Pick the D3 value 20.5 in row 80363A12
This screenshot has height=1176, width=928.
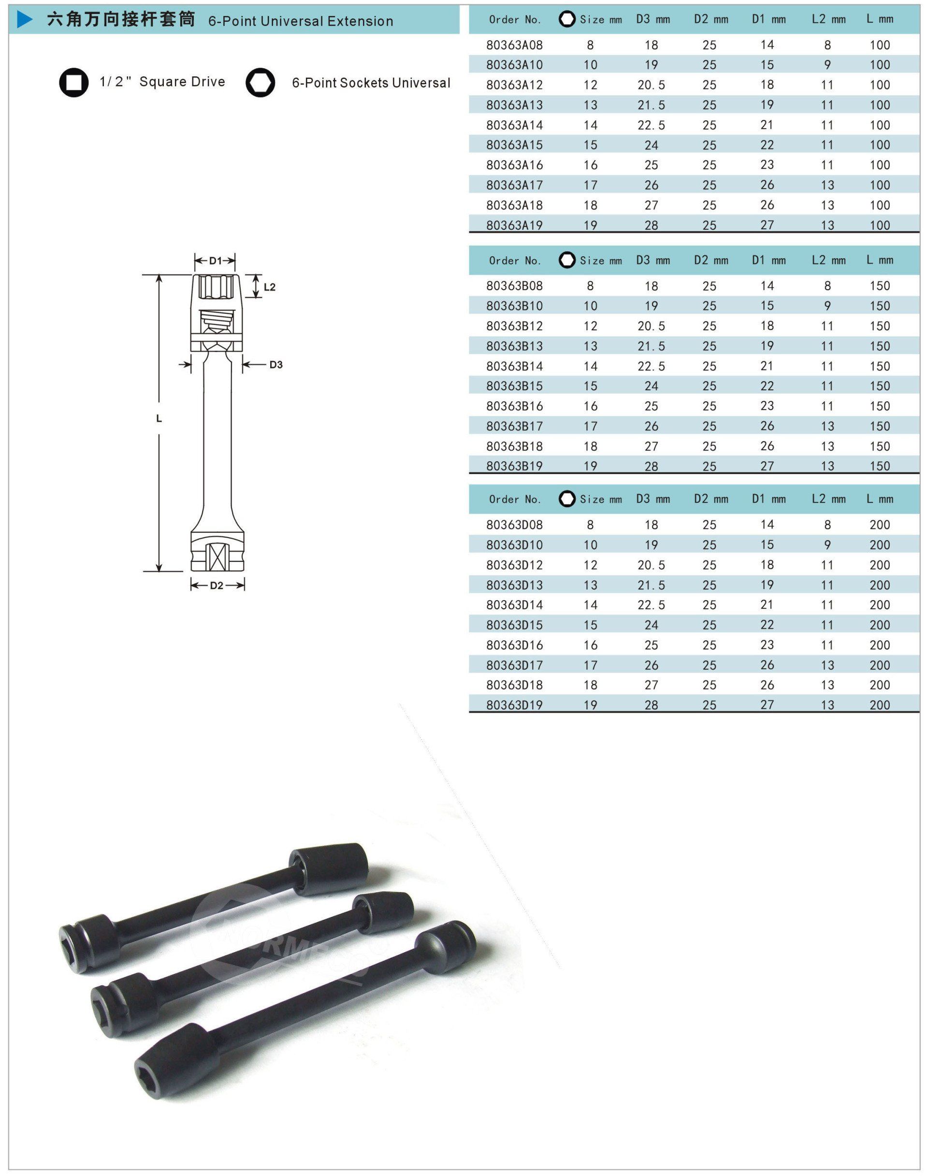[651, 85]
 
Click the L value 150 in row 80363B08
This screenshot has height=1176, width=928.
[880, 286]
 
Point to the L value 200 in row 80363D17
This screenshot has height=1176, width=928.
[880, 665]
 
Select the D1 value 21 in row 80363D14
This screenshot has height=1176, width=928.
[767, 605]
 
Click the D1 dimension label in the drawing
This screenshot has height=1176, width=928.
[215, 261]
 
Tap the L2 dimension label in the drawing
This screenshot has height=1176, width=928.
[270, 287]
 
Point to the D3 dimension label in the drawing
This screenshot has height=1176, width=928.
[276, 365]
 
